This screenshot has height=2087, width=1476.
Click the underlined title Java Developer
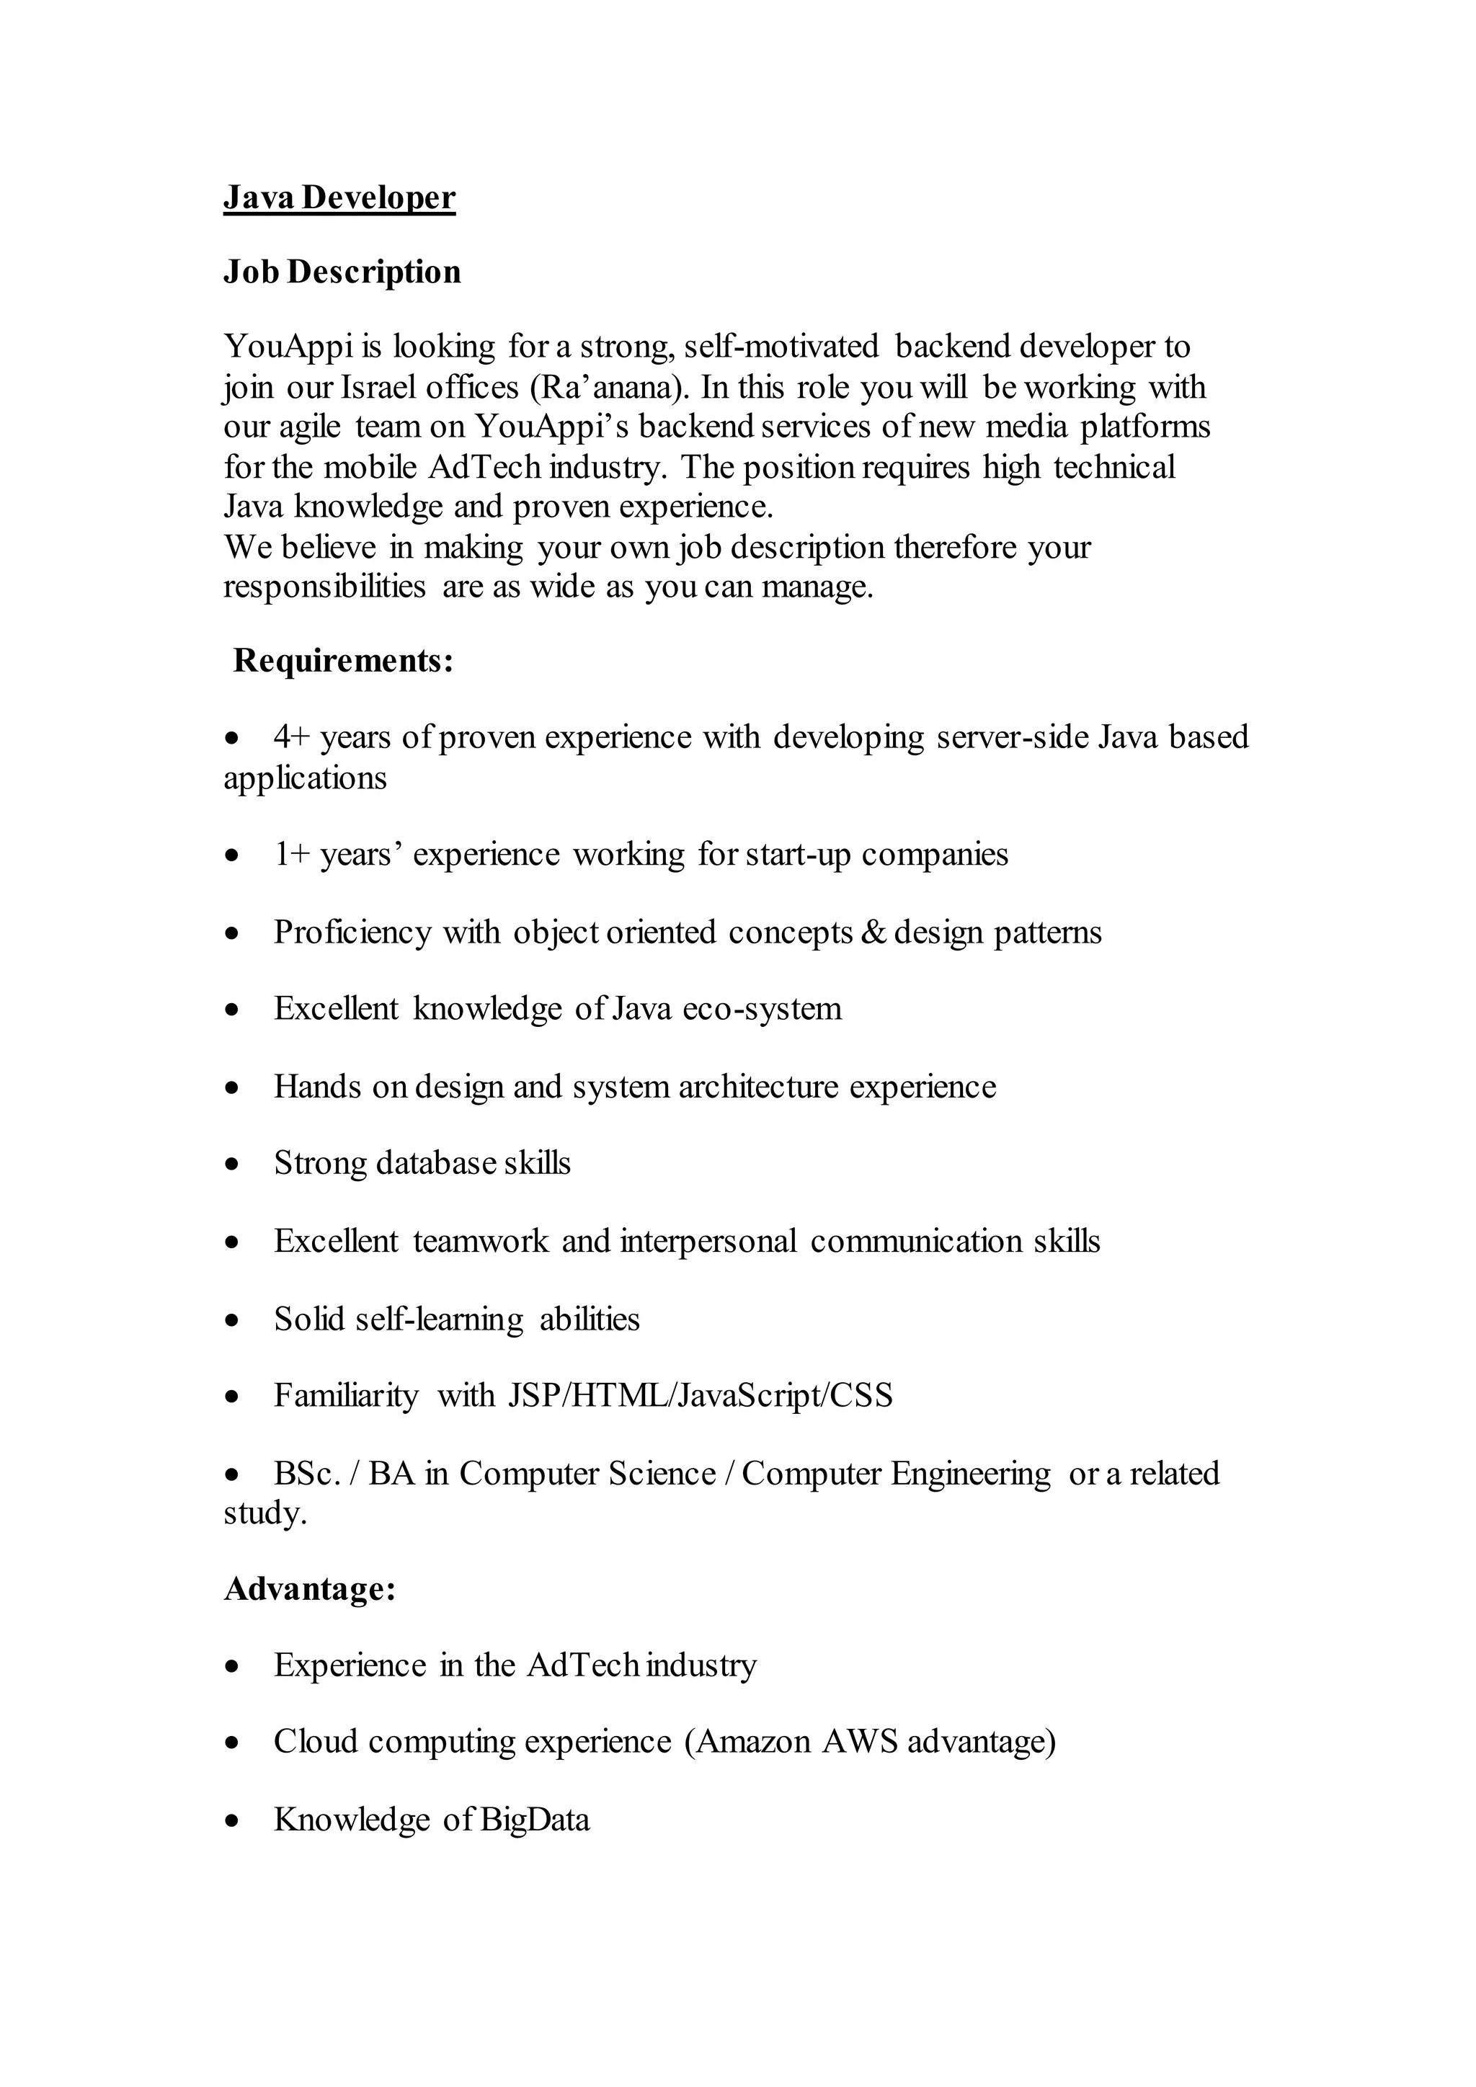339,197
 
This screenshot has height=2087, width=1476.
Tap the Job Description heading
342,272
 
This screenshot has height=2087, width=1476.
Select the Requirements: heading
342,661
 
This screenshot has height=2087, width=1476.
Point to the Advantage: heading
310,1589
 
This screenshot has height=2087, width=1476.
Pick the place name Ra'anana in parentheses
605,387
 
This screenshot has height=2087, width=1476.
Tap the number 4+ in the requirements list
292,737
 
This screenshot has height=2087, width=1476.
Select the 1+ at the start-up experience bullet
292,855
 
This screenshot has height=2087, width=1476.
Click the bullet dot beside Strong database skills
234,1165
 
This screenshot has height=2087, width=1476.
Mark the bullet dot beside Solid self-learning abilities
234,1320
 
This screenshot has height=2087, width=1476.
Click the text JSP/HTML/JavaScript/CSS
700,1395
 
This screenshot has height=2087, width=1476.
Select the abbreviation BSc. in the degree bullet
307,1474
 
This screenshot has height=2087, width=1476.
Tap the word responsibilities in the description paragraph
324,587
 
